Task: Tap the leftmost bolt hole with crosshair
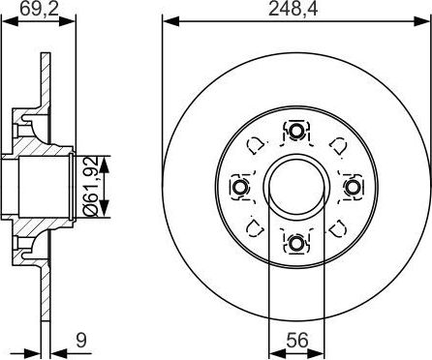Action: (x=239, y=187)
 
